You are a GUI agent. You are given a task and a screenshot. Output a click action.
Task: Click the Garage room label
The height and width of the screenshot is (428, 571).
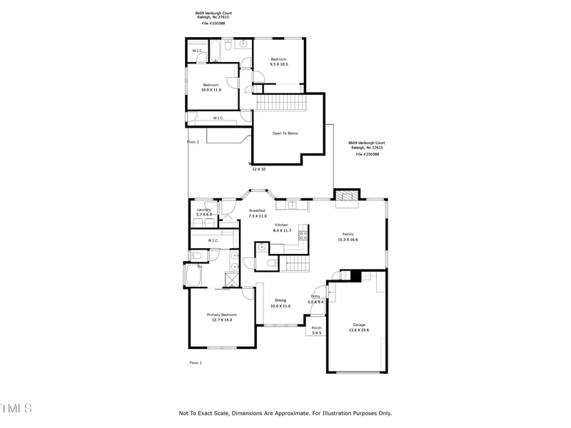pos(358,325)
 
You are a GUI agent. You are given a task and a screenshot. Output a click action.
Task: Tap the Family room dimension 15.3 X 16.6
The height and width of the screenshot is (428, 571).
pos(348,240)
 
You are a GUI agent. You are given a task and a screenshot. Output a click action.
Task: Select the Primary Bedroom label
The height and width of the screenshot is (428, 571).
pos(221,315)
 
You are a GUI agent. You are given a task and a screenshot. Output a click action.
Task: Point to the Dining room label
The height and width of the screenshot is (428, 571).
pos(281,300)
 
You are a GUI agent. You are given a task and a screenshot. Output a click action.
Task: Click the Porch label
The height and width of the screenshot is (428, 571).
pos(316,328)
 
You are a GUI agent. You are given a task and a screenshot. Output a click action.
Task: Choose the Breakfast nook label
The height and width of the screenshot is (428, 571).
pos(258,210)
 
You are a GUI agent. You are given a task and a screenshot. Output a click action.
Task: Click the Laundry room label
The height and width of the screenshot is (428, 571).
pos(204,210)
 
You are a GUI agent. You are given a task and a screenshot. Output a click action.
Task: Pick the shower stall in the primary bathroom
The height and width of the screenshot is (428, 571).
pos(233,279)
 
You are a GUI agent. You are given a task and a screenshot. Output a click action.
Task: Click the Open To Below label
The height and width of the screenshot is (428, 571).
pos(285,133)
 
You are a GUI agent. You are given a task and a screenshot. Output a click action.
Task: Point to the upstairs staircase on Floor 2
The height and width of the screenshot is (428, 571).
pos(281,102)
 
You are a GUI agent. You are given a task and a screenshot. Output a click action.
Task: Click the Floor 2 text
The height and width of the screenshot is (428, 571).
pos(193,142)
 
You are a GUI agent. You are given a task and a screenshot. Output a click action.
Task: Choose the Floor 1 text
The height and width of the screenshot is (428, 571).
pos(196,363)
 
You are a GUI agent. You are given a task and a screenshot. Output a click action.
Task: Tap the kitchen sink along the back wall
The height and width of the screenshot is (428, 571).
pos(292,205)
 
